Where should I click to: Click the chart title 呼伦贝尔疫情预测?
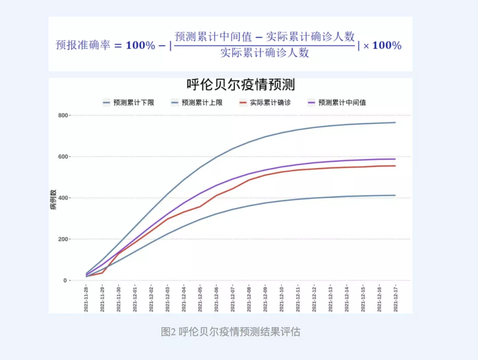(240, 84)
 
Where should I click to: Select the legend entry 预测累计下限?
(133, 103)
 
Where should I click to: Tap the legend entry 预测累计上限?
(202, 103)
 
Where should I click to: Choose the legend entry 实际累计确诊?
(270, 103)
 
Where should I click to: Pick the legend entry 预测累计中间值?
(342, 103)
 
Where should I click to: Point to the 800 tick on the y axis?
(62, 115)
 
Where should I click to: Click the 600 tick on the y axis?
(62, 157)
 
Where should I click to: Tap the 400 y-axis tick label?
(62, 198)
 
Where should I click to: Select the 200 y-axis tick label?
(62, 239)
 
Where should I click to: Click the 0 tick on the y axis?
(65, 281)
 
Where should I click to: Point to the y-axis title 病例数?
(53, 199)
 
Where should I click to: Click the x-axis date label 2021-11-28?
(86, 299)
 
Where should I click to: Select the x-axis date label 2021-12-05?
(200, 299)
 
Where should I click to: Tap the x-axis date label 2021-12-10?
(281, 299)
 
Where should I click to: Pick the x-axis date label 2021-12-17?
(395, 299)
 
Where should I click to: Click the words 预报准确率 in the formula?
(83, 45)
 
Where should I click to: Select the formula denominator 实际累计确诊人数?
(264, 53)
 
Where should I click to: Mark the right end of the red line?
(395, 166)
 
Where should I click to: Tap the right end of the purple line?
(395, 159)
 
